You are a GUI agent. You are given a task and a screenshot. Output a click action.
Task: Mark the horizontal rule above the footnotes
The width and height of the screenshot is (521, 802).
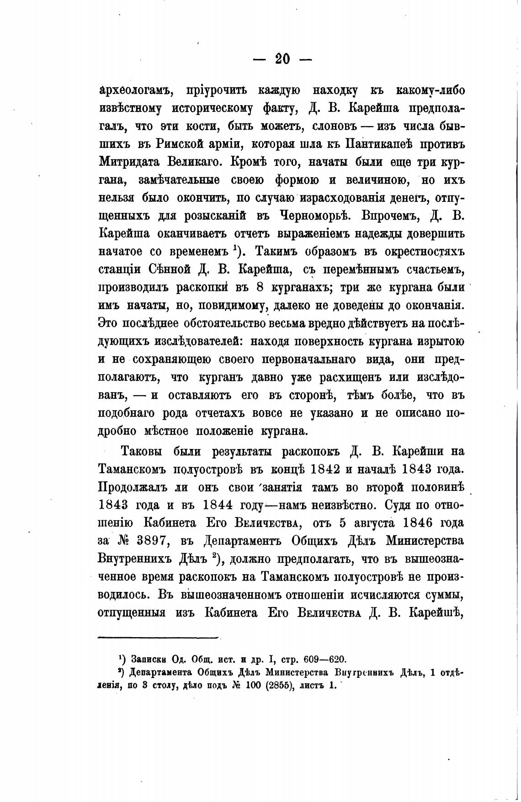(159, 637)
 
